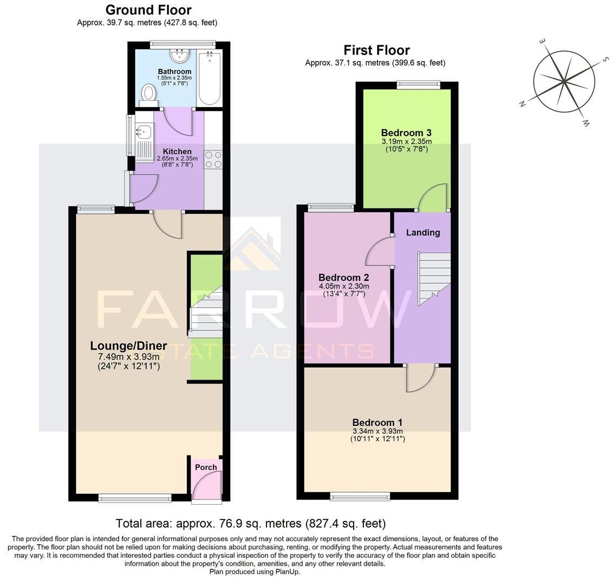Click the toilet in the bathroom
(x=148, y=95)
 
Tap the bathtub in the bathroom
(x=209, y=78)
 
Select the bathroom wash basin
(x=178, y=56)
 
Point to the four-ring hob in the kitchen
(x=213, y=159)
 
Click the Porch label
(x=206, y=467)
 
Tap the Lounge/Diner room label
(x=128, y=346)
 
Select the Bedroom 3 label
(x=406, y=133)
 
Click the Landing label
(x=423, y=232)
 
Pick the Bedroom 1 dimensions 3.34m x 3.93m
(x=378, y=431)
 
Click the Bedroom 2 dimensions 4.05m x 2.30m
(x=344, y=286)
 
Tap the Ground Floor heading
(x=148, y=10)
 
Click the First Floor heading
(x=376, y=50)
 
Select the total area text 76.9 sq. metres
(x=250, y=524)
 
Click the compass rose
(x=564, y=82)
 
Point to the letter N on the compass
(x=523, y=104)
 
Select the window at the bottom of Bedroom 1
(x=360, y=496)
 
